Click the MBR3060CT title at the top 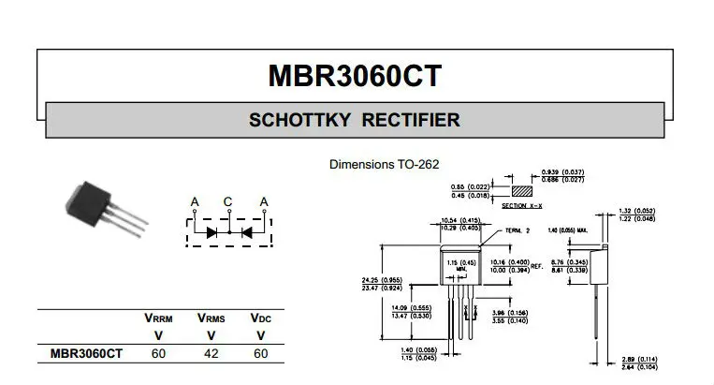[355, 75]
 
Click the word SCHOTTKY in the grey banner [298, 121]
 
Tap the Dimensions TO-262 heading [384, 164]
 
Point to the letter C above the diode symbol [227, 202]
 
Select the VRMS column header [211, 318]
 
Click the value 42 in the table [211, 354]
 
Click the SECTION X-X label [520, 205]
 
